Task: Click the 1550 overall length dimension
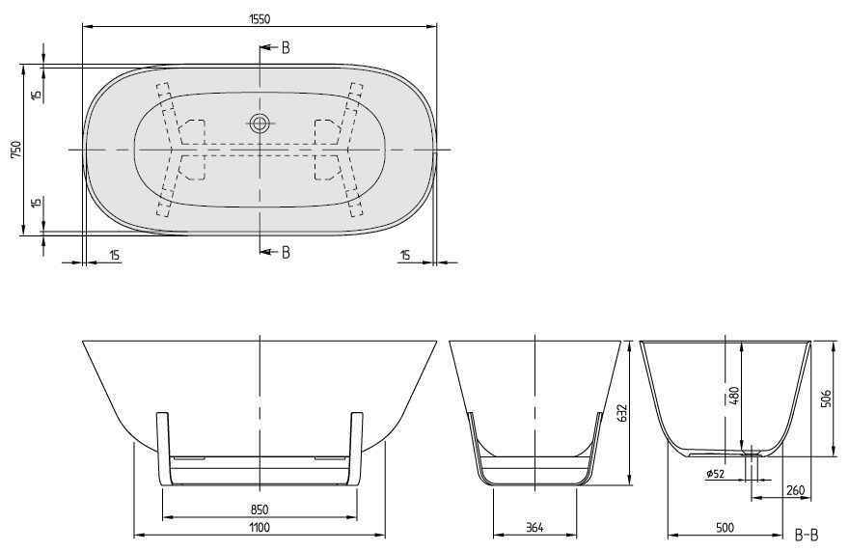coord(259,16)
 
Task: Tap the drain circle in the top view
coord(260,123)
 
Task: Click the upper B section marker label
coord(286,47)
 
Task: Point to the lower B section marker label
coord(286,253)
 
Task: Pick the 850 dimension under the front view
coord(259,509)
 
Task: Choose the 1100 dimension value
coord(259,527)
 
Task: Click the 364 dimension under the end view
coord(535,527)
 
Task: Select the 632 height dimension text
coord(622,413)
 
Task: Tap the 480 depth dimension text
coord(733,396)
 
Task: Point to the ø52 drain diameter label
coord(715,474)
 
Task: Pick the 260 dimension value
coord(795,491)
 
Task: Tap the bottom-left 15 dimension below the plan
coord(114,255)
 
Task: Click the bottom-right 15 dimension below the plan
coord(405,255)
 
